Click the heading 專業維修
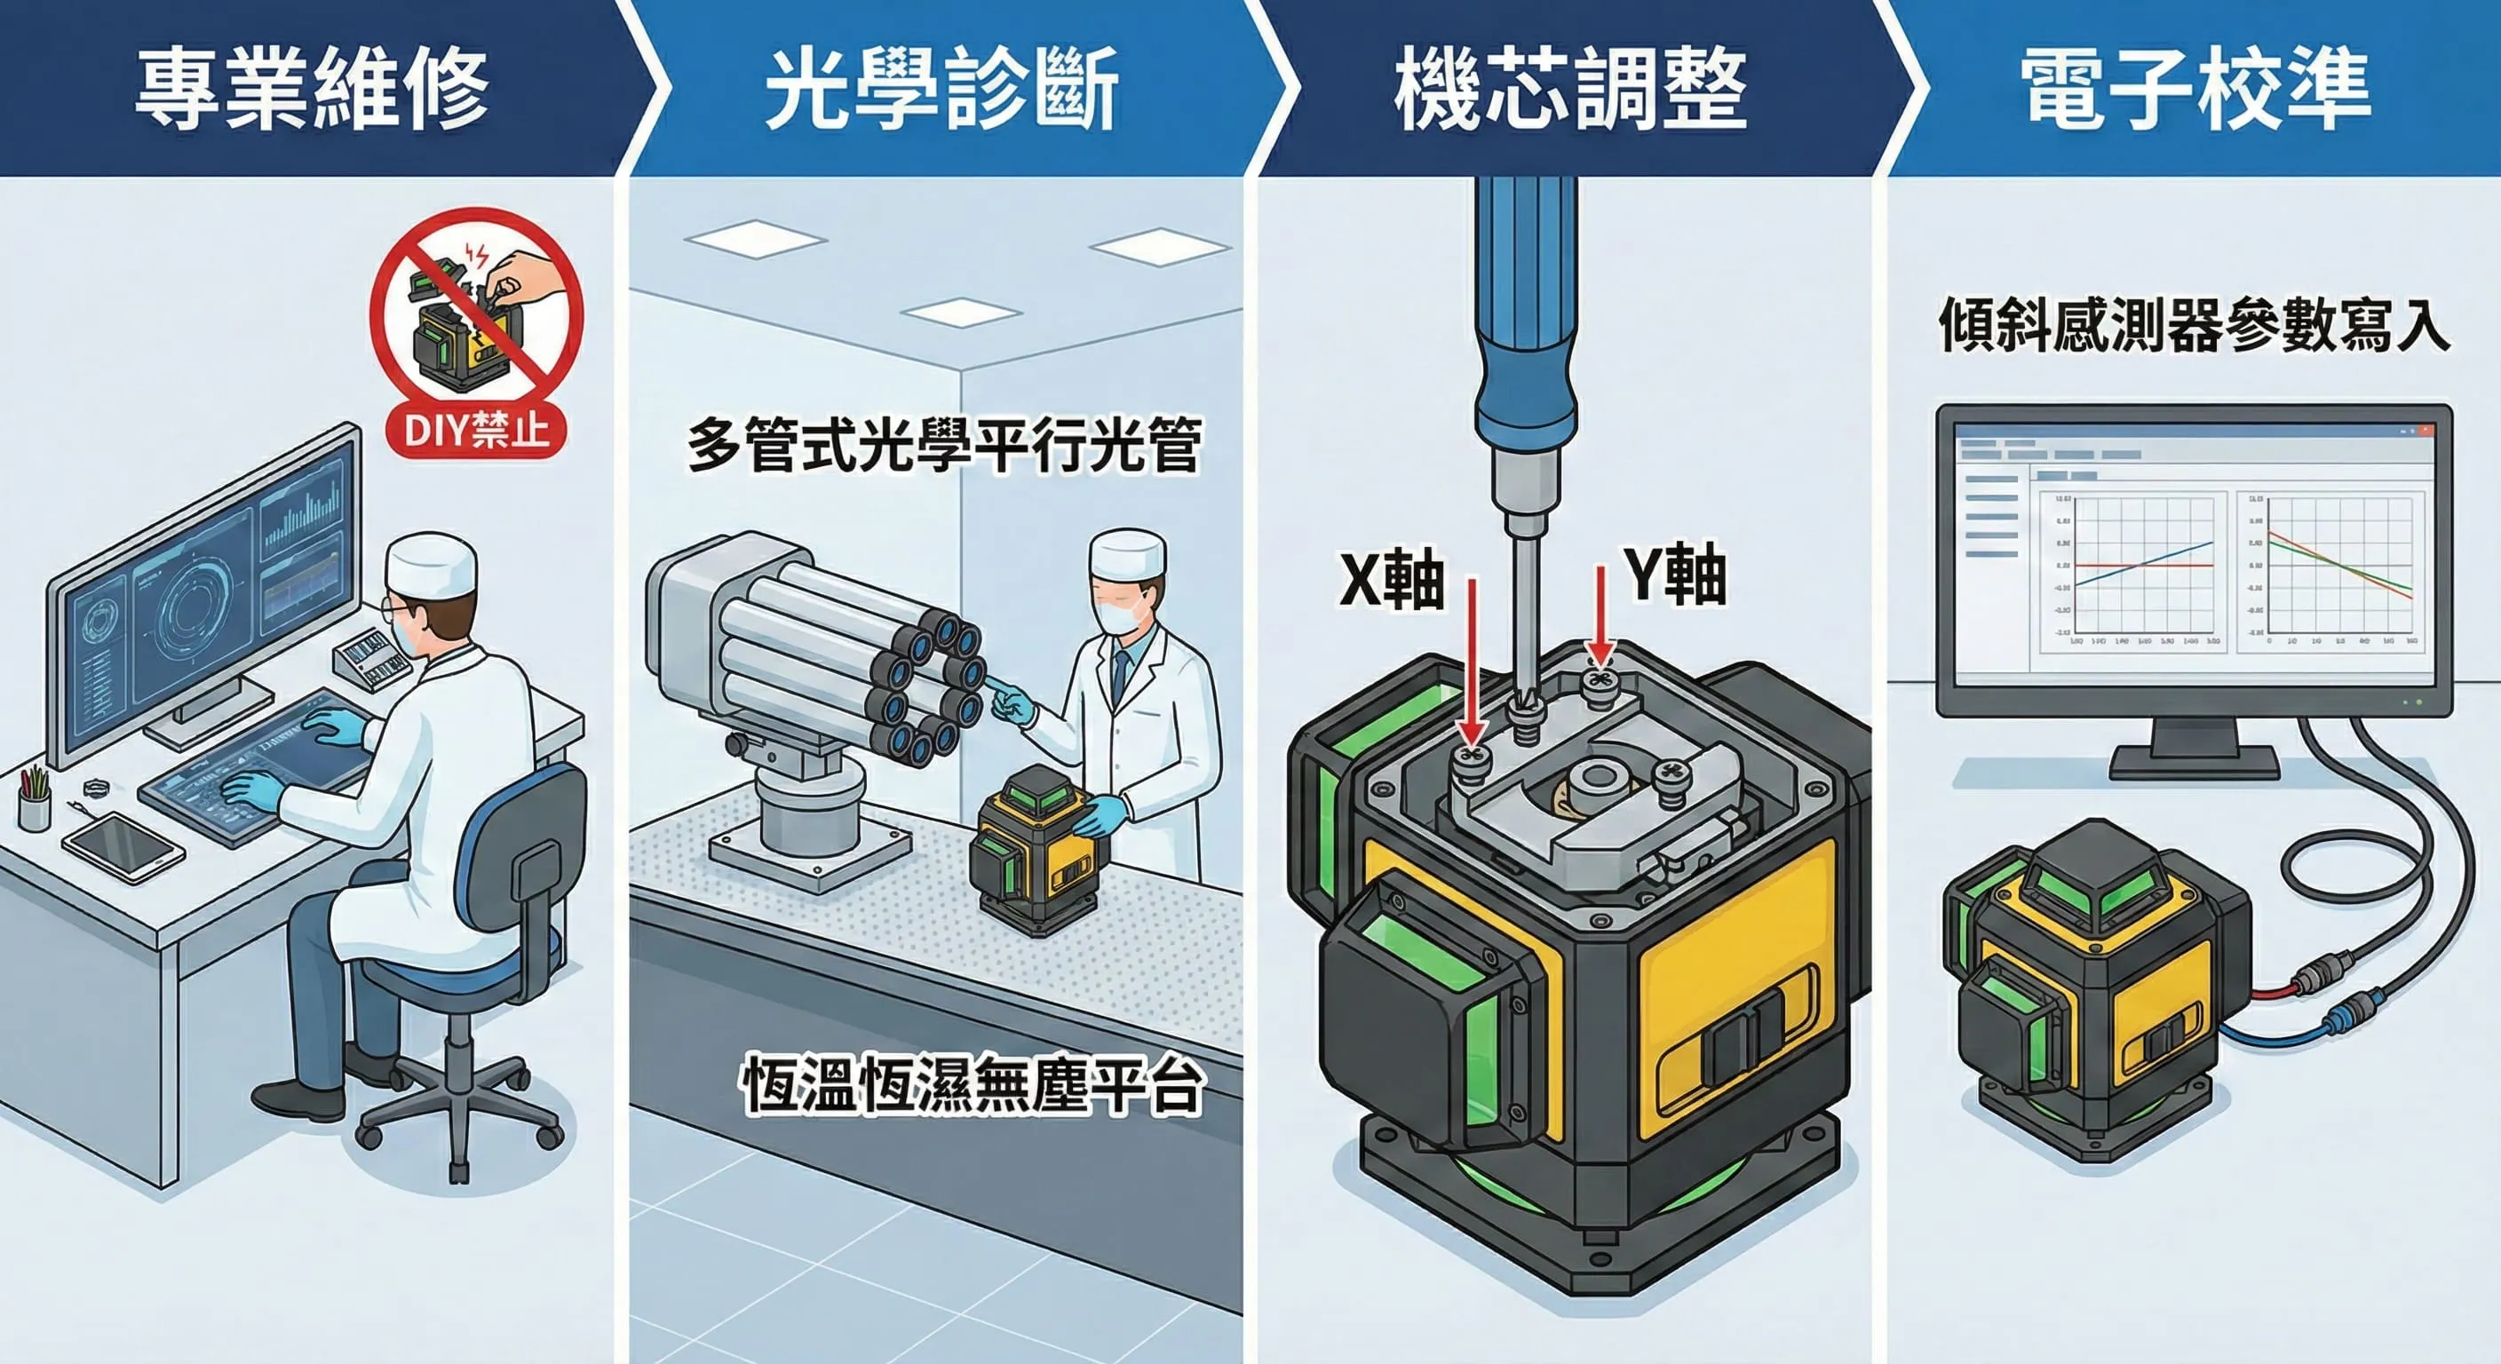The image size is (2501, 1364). (x=311, y=90)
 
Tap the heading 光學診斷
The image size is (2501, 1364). (x=941, y=90)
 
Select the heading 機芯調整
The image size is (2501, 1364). (x=1570, y=90)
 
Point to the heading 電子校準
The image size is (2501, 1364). (x=2196, y=90)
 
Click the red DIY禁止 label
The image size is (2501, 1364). (x=476, y=429)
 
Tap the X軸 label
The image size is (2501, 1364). (x=1390, y=580)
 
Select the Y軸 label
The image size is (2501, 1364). (x=1676, y=575)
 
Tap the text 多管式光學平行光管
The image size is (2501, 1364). (x=944, y=446)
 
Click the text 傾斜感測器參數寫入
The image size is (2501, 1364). (x=2195, y=324)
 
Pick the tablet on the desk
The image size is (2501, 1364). (x=123, y=845)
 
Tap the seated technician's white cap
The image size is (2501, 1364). (x=431, y=562)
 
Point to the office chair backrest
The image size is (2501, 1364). (x=529, y=854)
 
